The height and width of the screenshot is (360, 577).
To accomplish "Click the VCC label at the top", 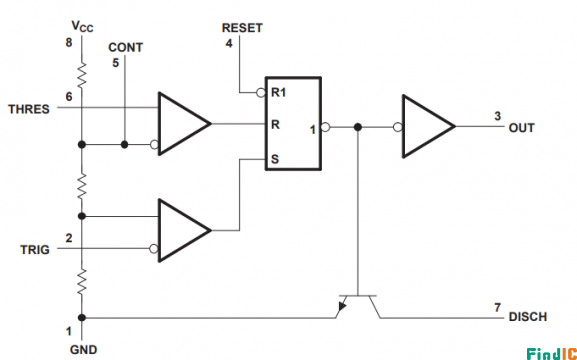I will pos(82,22).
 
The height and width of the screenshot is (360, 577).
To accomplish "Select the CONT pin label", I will pos(125,47).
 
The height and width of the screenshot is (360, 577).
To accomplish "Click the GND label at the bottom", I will pos(82,350).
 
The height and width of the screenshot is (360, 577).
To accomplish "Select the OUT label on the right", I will pos(521,129).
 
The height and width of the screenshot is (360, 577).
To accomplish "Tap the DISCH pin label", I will pos(527,317).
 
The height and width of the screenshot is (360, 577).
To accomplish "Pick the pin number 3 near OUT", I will pos(497,115).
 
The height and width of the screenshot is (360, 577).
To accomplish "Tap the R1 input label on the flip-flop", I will pos(280,93).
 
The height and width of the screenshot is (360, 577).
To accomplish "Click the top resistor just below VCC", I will pos(82,74).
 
